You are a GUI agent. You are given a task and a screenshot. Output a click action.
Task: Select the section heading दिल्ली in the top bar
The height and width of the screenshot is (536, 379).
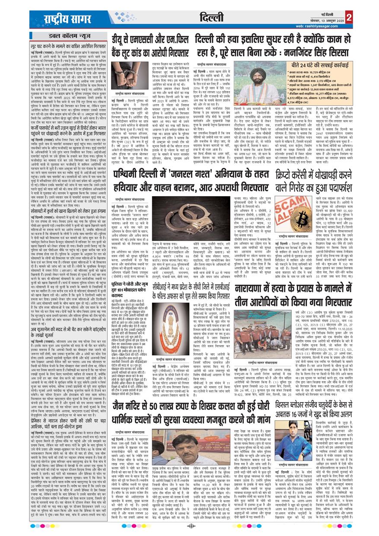212,18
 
